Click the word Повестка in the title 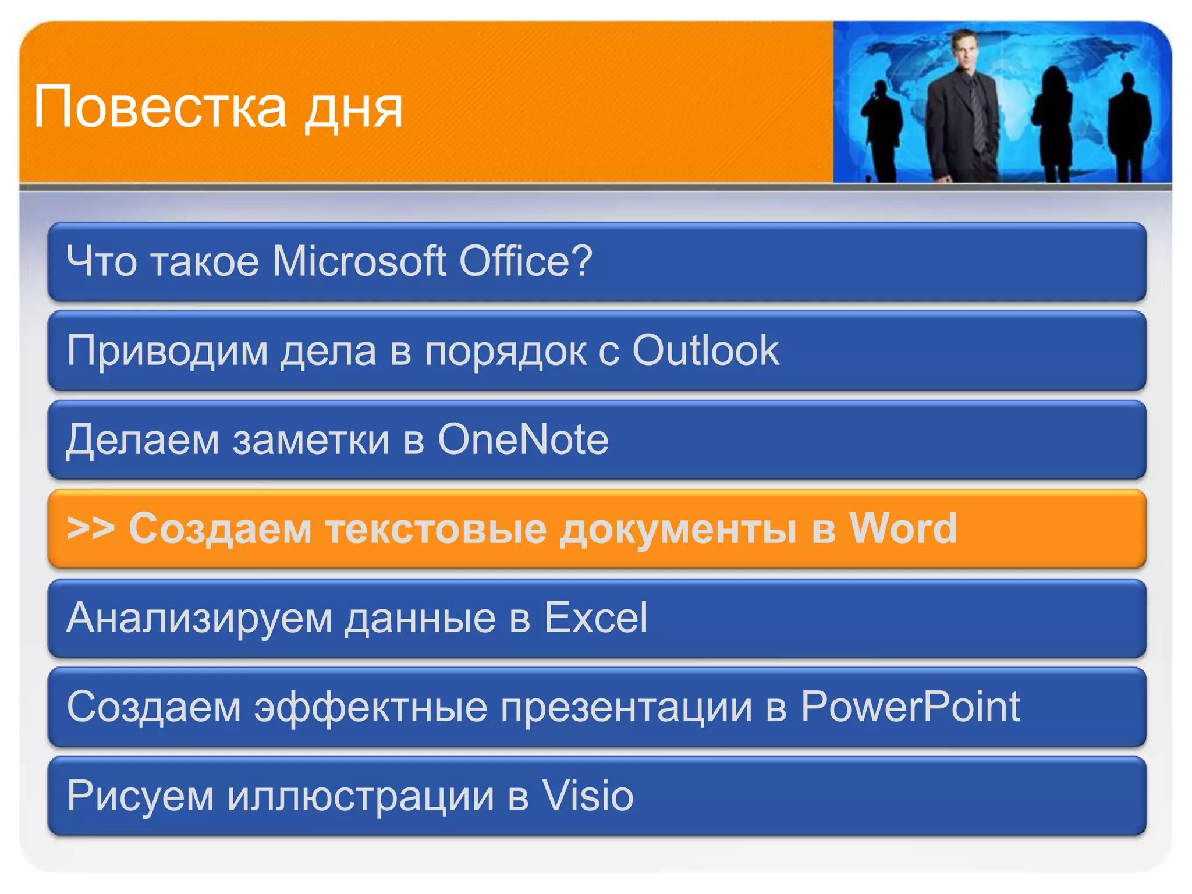(160, 107)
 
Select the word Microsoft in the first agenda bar (359, 261)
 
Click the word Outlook (705, 350)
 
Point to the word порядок (505, 353)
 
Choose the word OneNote (523, 439)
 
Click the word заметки (311, 441)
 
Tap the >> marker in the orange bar (90, 528)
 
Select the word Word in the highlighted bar (903, 528)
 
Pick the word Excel (595, 618)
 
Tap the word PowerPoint (910, 707)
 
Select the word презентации (626, 708)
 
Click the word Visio (588, 796)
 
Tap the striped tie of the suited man (977, 113)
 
